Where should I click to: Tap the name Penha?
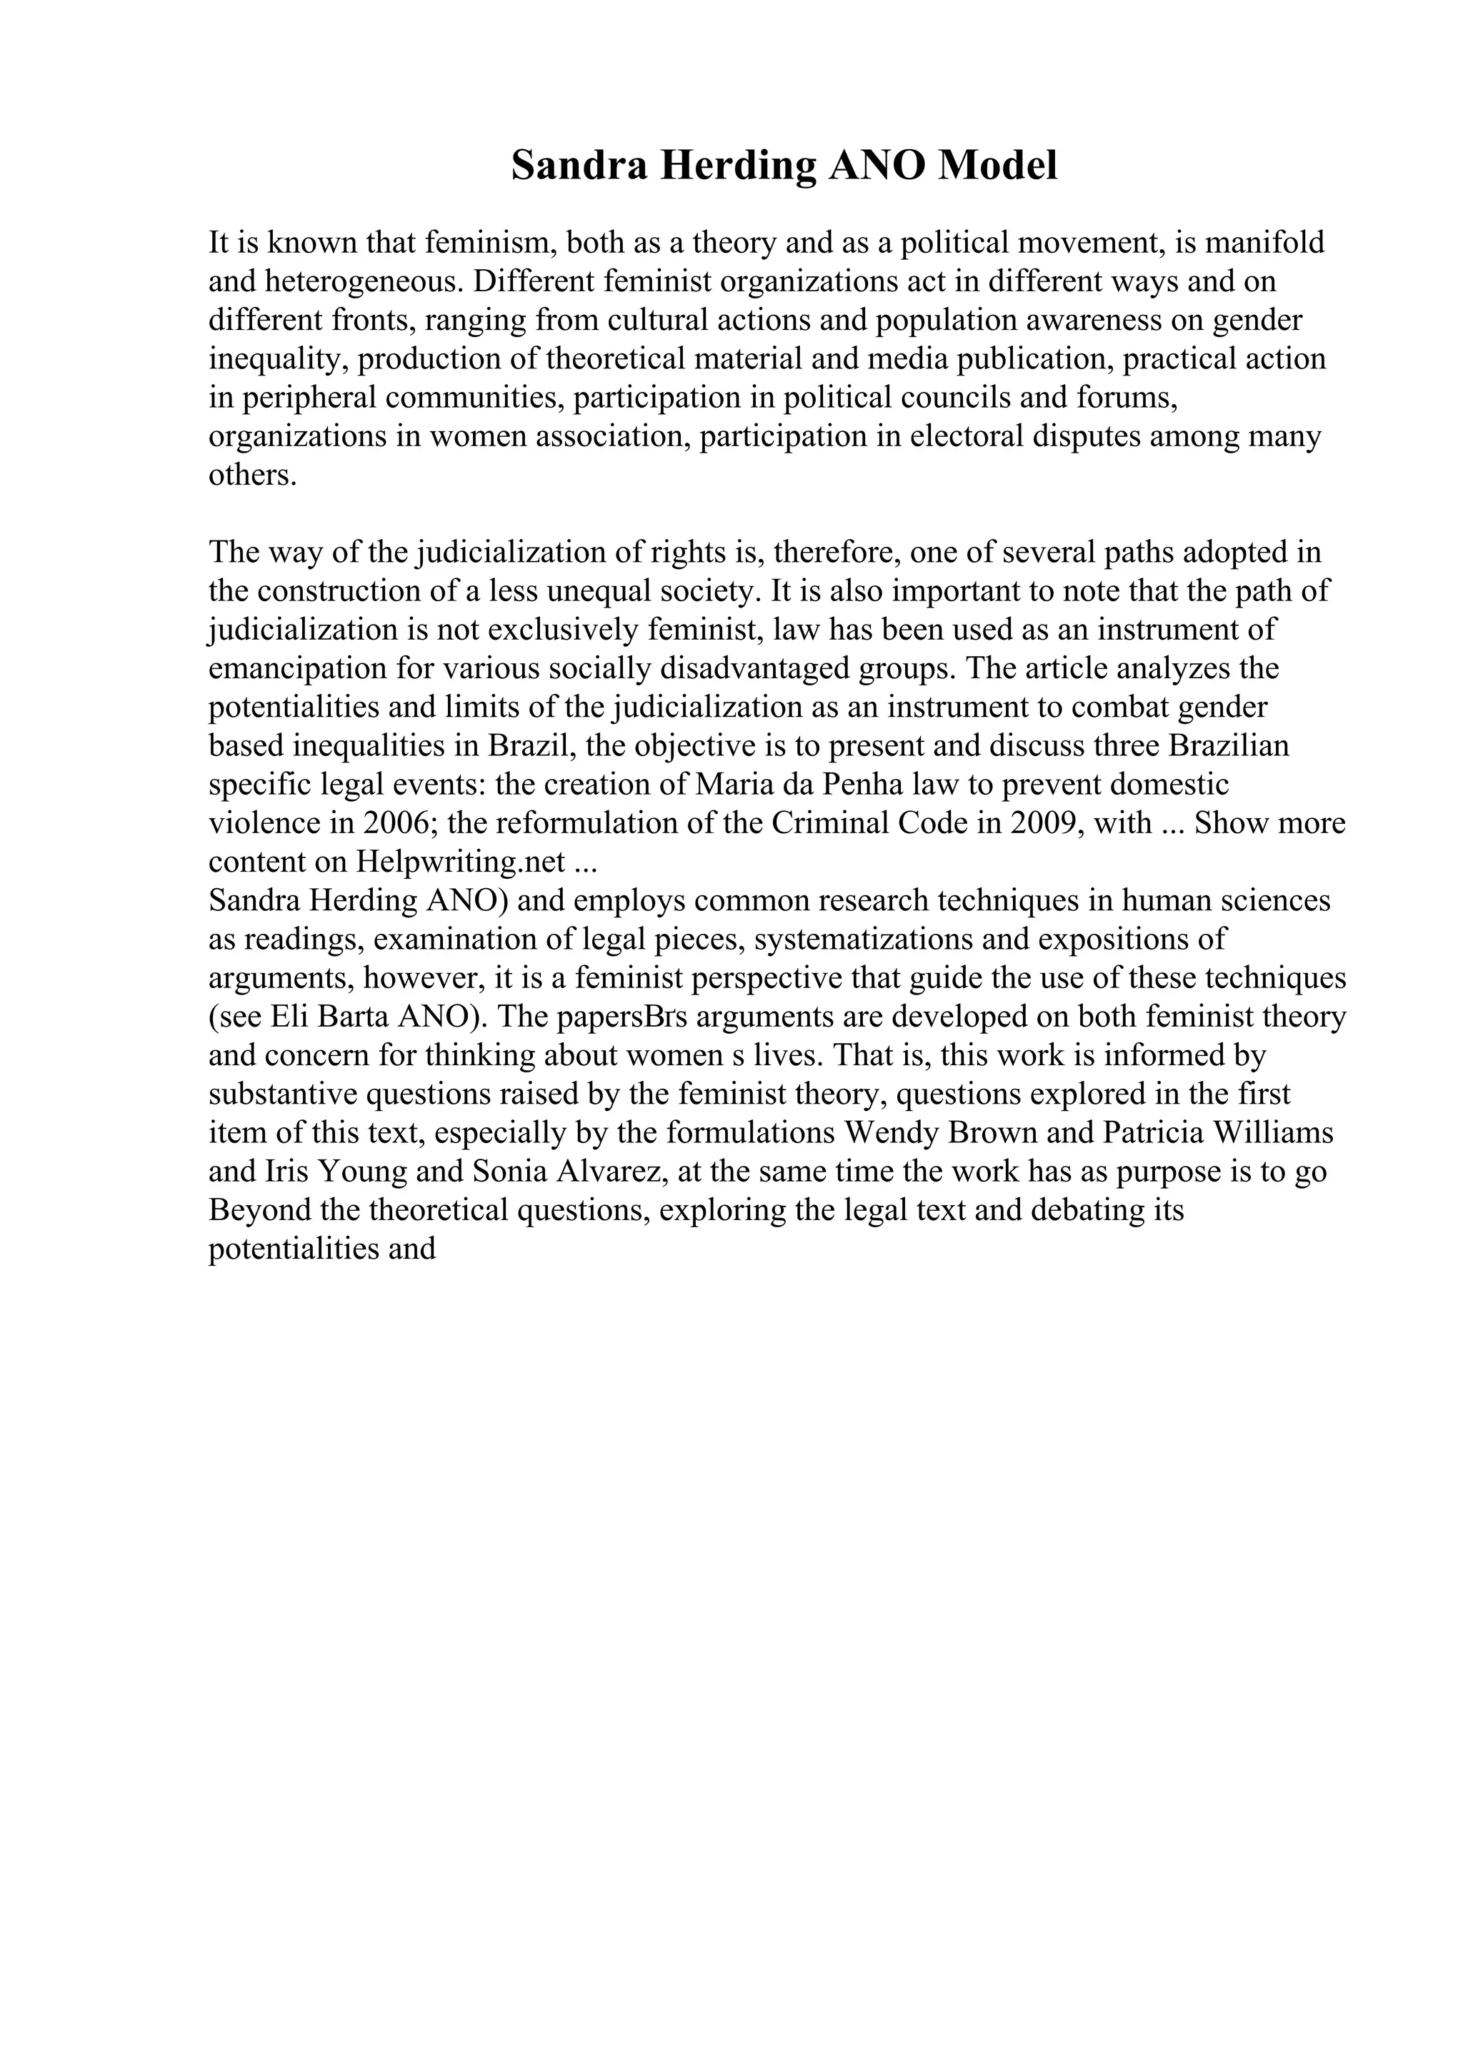point(857,784)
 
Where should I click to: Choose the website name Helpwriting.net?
point(461,862)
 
